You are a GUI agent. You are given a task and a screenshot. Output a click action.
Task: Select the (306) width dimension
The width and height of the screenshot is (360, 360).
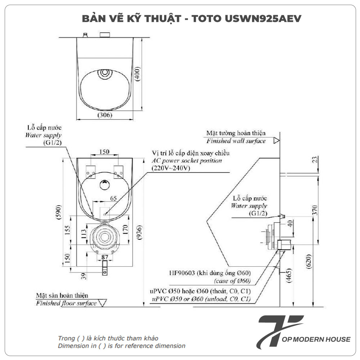click(105, 115)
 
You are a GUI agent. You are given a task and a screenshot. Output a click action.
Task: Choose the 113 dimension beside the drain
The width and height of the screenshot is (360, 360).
click(84, 234)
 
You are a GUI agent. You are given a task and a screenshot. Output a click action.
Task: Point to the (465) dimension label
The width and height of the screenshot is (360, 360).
click(289, 276)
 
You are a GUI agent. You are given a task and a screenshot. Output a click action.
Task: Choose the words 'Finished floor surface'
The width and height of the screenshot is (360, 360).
click(67, 303)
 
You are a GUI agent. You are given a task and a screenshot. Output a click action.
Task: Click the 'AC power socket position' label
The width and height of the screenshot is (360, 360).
click(187, 161)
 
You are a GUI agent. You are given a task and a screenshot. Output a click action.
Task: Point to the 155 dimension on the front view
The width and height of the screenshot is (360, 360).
click(68, 230)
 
